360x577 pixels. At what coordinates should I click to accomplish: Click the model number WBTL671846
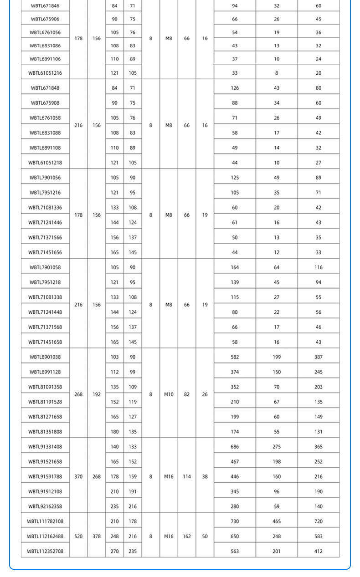(x=45, y=6)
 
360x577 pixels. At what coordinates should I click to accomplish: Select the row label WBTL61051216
(x=45, y=73)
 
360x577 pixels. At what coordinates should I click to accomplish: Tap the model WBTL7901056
(x=45, y=178)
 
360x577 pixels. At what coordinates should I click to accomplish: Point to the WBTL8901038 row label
(x=45, y=357)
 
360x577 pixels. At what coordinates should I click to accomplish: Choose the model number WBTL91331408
(x=45, y=447)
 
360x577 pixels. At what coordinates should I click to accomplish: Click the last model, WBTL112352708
(x=45, y=551)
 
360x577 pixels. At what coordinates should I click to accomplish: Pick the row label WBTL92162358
(x=45, y=506)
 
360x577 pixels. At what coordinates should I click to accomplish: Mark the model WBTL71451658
(x=45, y=342)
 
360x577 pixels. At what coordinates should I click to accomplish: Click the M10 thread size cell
(x=169, y=394)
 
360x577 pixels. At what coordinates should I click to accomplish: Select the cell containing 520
(x=78, y=536)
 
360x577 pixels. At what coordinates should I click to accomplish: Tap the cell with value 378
(x=97, y=536)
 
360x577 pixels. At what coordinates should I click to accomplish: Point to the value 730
(x=235, y=521)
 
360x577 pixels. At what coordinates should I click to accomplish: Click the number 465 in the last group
(x=277, y=521)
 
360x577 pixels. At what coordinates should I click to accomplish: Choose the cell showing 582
(x=235, y=357)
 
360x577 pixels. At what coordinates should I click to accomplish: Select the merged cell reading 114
(x=187, y=477)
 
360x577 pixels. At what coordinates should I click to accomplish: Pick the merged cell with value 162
(x=187, y=536)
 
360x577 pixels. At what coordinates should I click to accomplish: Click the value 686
(x=235, y=447)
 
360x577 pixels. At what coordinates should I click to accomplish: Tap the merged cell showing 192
(x=97, y=394)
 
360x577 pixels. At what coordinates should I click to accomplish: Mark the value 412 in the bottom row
(x=319, y=551)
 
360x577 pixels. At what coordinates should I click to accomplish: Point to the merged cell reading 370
(x=78, y=477)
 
